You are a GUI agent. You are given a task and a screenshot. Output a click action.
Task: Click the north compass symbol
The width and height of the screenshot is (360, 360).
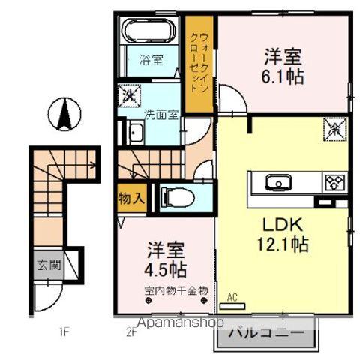tap(64, 115)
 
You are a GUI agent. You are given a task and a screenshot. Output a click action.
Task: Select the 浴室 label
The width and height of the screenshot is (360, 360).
tap(151, 61)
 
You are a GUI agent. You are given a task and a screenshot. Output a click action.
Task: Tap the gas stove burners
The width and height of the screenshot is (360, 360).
tap(332, 182)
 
